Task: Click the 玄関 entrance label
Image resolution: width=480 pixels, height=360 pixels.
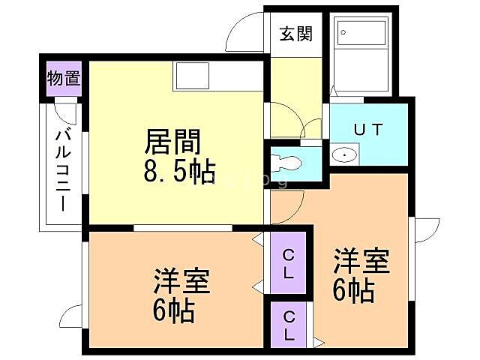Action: pyautogui.click(x=296, y=34)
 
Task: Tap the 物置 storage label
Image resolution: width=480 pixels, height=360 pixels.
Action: pyautogui.click(x=64, y=78)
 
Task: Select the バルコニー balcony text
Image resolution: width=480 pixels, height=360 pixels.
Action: pyautogui.click(x=64, y=169)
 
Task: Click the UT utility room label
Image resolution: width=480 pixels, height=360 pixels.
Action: pyautogui.click(x=368, y=129)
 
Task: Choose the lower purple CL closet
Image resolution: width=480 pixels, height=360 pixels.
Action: pyautogui.click(x=289, y=324)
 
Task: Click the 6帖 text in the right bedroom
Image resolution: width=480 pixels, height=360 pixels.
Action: pyautogui.click(x=352, y=289)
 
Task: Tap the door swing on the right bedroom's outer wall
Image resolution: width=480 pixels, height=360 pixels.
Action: pyautogui.click(x=427, y=229)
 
